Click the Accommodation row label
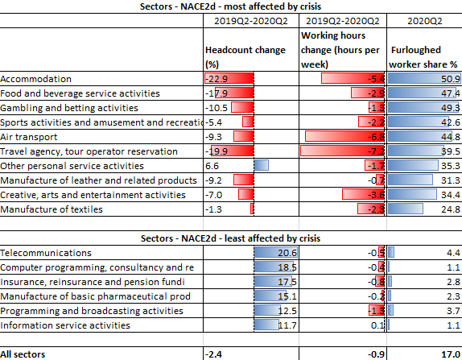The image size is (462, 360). (36, 79)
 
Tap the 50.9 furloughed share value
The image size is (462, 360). (450, 79)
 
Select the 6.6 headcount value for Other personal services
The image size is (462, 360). (212, 166)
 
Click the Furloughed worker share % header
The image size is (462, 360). (423, 56)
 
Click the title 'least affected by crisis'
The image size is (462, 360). (231, 238)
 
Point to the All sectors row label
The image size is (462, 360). (23, 354)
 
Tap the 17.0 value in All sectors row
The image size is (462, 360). (449, 354)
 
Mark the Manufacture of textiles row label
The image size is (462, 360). (52, 209)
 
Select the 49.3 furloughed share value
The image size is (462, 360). (450, 108)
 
